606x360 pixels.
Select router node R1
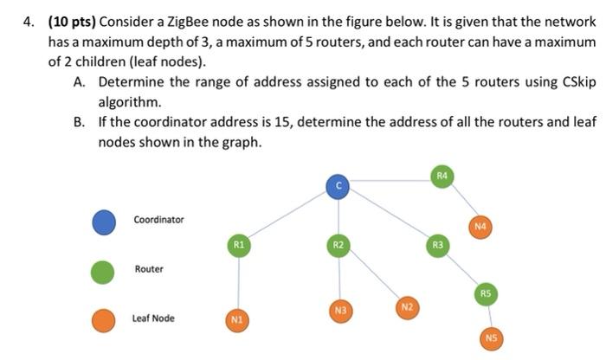(x=237, y=246)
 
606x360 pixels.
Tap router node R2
(x=339, y=246)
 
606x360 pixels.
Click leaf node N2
(x=406, y=309)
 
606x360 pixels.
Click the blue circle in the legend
(x=104, y=222)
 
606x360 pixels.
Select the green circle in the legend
(x=104, y=270)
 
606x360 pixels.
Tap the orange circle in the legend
(x=104, y=319)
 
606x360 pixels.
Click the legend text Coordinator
(x=158, y=220)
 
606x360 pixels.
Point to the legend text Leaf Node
(x=153, y=318)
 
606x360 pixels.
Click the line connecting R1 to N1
(x=237, y=284)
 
